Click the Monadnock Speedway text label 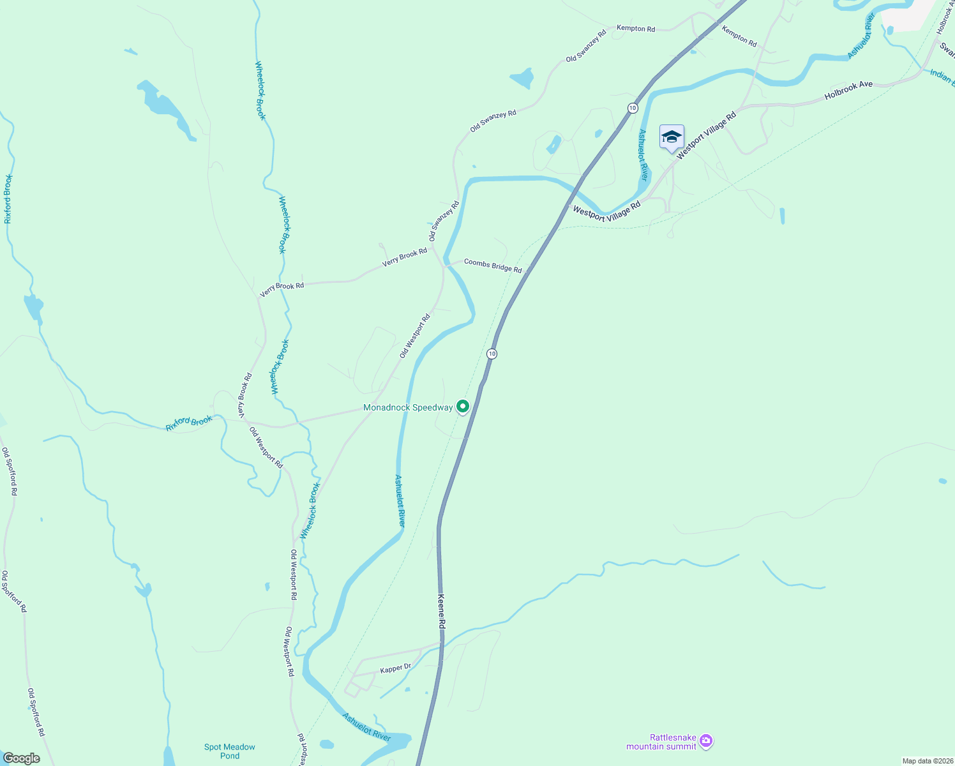407,407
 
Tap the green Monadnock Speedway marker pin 462,406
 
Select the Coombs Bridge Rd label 493,266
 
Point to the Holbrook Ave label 848,90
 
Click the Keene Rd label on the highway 441,612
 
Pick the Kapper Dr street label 396,668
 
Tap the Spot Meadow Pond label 230,751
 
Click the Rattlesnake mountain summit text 662,742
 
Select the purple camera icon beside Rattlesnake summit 705,741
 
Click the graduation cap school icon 672,137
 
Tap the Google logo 22,758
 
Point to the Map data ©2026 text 927,761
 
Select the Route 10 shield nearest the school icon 632,108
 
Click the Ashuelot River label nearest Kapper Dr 366,727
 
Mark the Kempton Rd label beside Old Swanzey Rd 636,29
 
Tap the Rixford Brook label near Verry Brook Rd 189,423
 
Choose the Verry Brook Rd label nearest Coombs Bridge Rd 405,257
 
